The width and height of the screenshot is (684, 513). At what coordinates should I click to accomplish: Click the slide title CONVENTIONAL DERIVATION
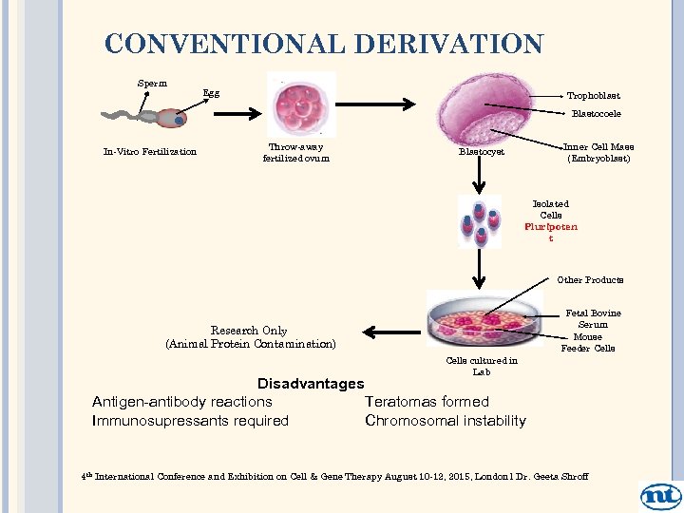tap(324, 44)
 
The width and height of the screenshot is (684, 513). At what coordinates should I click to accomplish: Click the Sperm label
tap(152, 83)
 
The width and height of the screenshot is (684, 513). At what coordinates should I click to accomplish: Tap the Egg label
tap(211, 94)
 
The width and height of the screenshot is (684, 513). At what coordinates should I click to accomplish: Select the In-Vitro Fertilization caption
tap(149, 152)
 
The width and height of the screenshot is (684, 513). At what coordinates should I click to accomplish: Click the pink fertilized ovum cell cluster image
tap(302, 104)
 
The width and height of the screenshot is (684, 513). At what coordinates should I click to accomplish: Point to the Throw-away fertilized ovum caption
tap(296, 153)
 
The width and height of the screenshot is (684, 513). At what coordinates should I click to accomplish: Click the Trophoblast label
tap(594, 96)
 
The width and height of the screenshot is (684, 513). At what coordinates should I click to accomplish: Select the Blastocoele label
tap(596, 114)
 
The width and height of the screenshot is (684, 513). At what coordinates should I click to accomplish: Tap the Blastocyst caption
tap(482, 152)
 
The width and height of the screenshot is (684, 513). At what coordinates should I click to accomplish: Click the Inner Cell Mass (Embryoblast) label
tap(598, 153)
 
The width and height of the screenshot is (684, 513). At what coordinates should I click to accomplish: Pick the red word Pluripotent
tap(551, 228)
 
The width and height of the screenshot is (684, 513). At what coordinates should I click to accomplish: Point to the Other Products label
tap(590, 280)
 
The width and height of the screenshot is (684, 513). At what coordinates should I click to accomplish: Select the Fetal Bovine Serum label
tap(593, 319)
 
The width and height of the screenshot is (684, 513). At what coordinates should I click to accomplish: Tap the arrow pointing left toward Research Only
tap(389, 332)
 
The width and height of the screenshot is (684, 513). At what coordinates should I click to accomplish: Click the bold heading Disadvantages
tap(311, 383)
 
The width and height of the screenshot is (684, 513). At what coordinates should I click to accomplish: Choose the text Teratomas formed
tap(427, 402)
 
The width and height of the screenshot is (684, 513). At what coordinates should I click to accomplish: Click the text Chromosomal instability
tap(445, 421)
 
